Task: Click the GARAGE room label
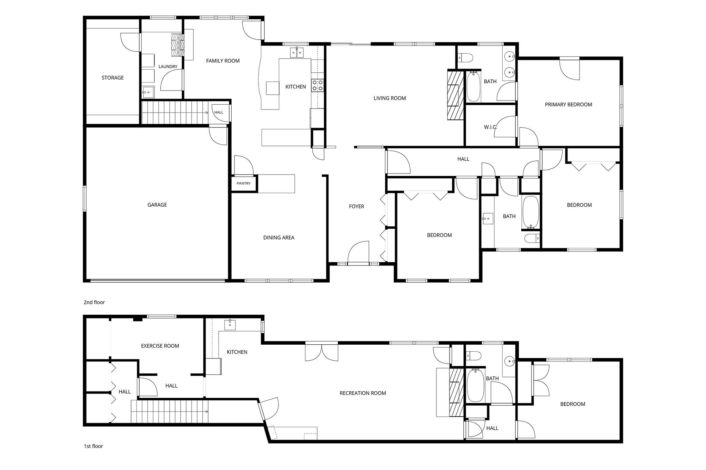[157, 205]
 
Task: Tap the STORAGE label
[113, 78]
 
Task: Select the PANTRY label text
[244, 184]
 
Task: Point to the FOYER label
[356, 207]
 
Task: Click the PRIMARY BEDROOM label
[568, 105]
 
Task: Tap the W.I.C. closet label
[490, 127]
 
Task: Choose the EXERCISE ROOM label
[160, 346]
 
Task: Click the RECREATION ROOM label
[363, 393]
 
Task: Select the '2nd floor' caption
[94, 302]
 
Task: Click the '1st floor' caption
[93, 446]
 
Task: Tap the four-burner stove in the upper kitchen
[317, 85]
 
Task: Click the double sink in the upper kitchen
[297, 53]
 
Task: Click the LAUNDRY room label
[168, 67]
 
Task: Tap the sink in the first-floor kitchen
[230, 324]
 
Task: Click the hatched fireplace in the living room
[455, 95]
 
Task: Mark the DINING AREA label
[279, 238]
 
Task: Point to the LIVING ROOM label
[390, 98]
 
